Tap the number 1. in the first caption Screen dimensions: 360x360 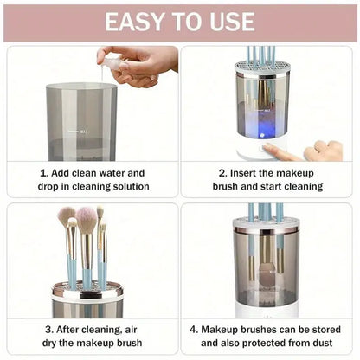coord(44,172)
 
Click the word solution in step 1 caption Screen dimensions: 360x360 coord(125,186)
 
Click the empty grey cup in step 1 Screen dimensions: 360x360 coord(81,121)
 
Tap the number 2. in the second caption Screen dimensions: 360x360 coord(222,172)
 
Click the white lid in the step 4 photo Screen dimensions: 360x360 coord(265,223)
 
